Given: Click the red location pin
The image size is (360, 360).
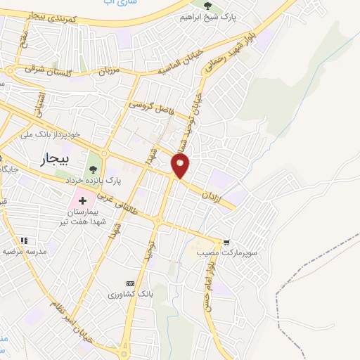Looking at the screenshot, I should click(181, 165).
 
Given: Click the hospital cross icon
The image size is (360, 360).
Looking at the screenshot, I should click(82, 200).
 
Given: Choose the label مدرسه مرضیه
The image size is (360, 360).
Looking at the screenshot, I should click(24, 251).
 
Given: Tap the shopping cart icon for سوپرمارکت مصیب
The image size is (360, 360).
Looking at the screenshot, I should click(226, 239).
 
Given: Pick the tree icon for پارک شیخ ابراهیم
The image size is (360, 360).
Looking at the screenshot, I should click(212, 9).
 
